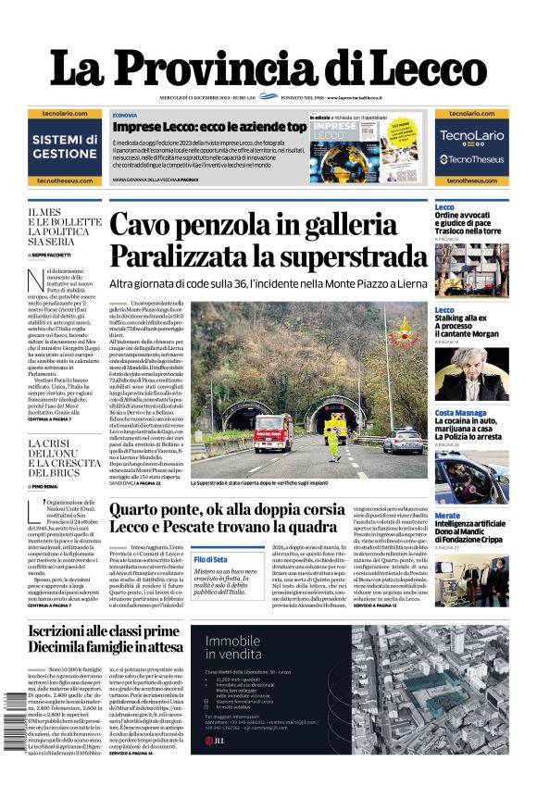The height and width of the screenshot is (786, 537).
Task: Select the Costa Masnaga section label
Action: click(461, 413)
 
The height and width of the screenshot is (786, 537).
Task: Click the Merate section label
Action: click(447, 516)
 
